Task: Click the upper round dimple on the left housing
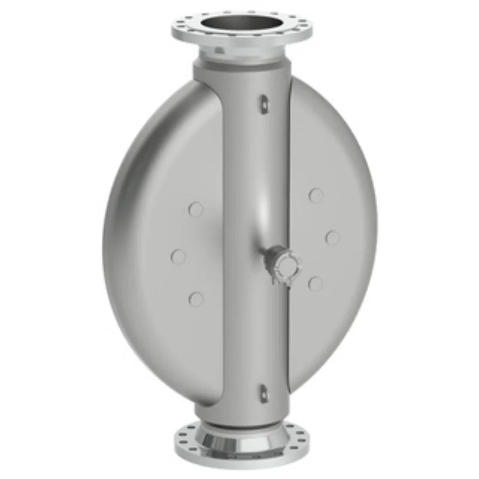tap(195, 209)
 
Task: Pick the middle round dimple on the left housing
tap(178, 256)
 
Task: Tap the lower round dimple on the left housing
tap(196, 299)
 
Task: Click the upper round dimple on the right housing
tap(316, 195)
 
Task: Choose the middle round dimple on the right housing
tap(332, 238)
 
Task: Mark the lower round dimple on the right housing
tap(315, 284)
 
